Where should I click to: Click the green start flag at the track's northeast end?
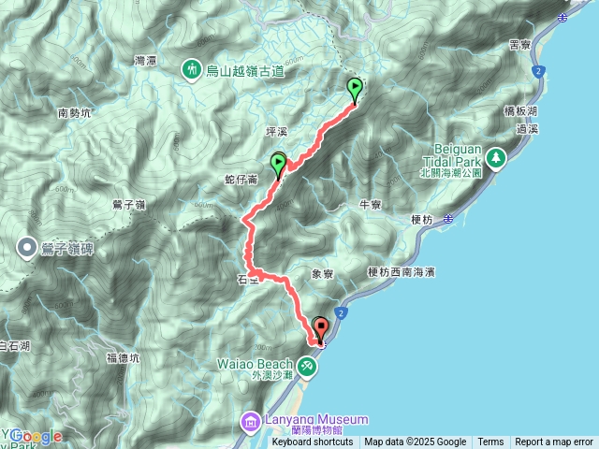coord(356,90)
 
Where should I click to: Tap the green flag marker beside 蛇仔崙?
coord(279,165)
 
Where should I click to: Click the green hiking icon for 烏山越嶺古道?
coord(192,68)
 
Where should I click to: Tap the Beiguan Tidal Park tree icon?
coord(495,158)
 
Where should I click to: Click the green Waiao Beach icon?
coord(310,363)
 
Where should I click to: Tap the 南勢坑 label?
coord(74,113)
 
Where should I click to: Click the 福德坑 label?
coord(123,357)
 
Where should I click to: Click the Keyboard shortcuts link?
coord(313,442)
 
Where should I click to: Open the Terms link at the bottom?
coord(490,442)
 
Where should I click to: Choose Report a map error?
coord(554,442)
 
